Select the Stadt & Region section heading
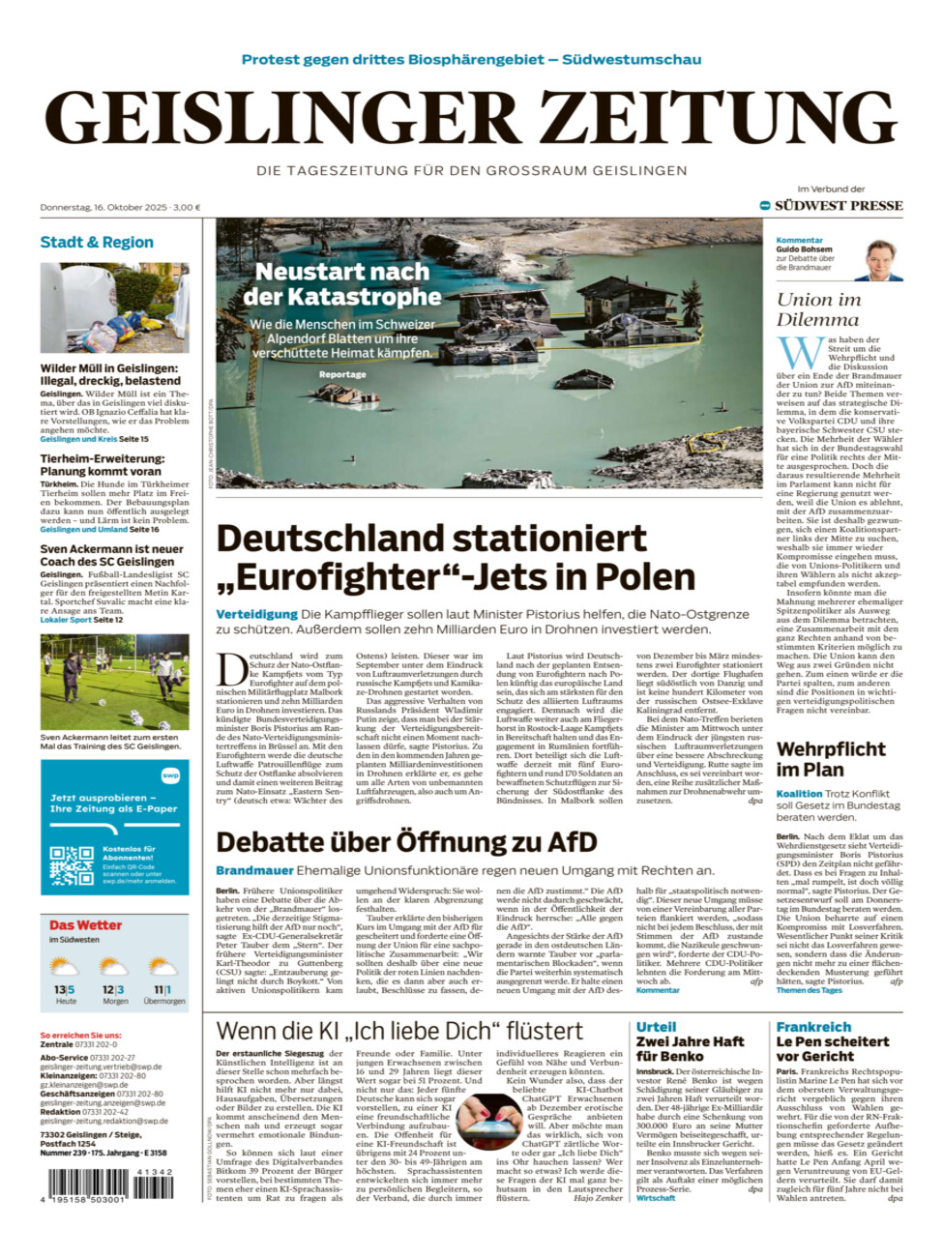click(97, 242)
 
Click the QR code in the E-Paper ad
click(72, 866)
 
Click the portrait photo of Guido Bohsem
click(881, 259)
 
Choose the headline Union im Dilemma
click(818, 309)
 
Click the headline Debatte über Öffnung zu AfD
click(406, 842)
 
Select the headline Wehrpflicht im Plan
click(831, 759)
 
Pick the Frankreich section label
click(813, 1027)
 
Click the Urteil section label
click(656, 1027)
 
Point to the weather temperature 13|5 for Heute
click(65, 989)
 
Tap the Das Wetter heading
click(86, 925)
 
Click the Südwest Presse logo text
click(838, 206)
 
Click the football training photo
click(114, 682)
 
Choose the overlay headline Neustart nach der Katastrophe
click(342, 284)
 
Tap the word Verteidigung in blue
click(256, 614)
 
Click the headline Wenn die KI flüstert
click(399, 1031)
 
